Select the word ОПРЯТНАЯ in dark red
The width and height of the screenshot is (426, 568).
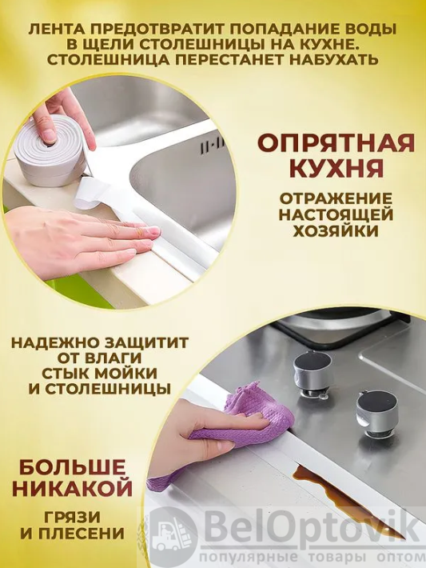tap(336, 142)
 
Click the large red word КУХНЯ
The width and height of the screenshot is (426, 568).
tap(336, 169)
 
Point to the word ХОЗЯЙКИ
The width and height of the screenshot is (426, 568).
tap(336, 230)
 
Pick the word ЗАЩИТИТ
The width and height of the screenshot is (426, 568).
tap(146, 342)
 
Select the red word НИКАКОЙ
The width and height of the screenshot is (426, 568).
tap(72, 490)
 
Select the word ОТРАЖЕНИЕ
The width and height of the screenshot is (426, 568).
tap(336, 198)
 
